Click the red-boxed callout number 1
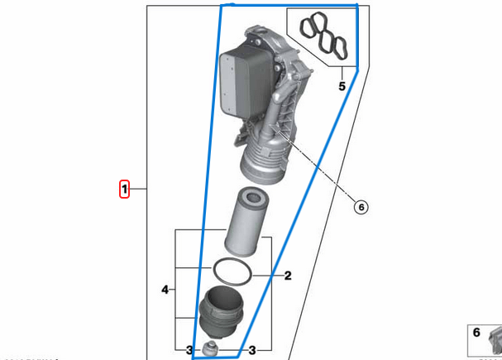(x=124, y=190)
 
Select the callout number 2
(x=288, y=276)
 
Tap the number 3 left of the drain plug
(x=189, y=350)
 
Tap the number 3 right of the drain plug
(x=252, y=350)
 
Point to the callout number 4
(x=165, y=290)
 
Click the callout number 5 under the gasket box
(x=341, y=85)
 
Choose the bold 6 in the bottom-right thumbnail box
(x=476, y=333)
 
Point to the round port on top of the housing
(x=252, y=33)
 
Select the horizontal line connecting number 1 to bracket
(x=139, y=190)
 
